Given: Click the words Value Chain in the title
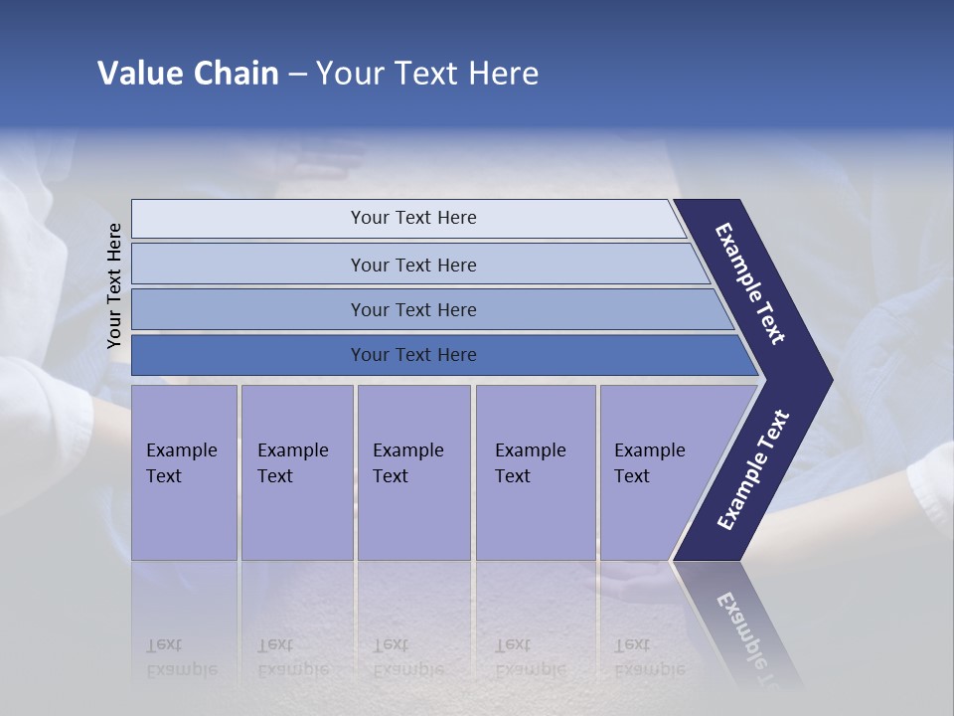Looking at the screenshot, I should (x=188, y=74).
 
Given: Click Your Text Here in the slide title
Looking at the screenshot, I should (x=427, y=74).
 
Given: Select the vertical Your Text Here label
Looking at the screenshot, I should (x=114, y=285).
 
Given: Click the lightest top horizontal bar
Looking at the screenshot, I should (x=412, y=218).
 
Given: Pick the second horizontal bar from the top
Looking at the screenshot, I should (x=412, y=265).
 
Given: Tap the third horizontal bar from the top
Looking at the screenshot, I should (x=412, y=309).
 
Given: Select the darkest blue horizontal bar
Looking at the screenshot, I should (x=412, y=355).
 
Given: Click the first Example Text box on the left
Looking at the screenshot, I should (x=184, y=471).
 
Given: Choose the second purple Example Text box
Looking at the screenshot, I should (x=296, y=471).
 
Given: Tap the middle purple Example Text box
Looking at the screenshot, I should (x=413, y=471).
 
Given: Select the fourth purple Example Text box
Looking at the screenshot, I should (x=535, y=471).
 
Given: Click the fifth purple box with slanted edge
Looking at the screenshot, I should (x=656, y=471).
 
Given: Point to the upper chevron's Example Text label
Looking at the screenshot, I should (x=750, y=283).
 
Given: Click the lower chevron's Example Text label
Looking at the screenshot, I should (x=753, y=470).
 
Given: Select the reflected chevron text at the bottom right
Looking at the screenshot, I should (x=750, y=636).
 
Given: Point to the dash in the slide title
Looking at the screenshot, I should (x=297, y=75).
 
